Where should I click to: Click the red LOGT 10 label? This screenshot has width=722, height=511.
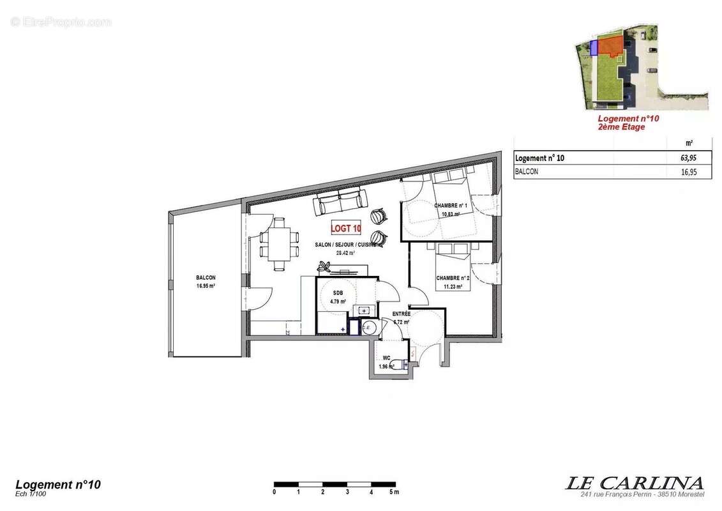tap(346, 227)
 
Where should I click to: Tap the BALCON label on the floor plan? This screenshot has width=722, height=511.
tap(206, 278)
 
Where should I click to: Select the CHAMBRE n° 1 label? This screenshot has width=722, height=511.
tap(451, 206)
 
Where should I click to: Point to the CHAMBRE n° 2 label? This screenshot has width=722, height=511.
tap(453, 278)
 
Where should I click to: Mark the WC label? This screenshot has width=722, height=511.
tap(386, 358)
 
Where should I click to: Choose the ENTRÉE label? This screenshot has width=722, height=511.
tap(402, 314)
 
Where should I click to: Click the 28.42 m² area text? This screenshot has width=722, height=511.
tap(345, 252)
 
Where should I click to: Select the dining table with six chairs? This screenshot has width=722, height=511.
tap(279, 243)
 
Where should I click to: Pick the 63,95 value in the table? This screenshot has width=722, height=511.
tap(688, 158)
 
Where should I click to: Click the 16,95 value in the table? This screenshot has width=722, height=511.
tap(688, 172)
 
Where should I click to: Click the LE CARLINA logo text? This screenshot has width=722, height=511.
tap(635, 483)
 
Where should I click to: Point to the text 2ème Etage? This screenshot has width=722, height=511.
tap(621, 127)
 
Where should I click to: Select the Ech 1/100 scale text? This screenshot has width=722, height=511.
tap(31, 493)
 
